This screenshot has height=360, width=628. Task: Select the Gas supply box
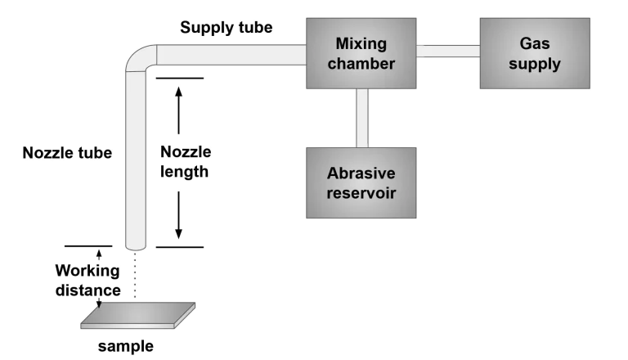tap(535, 52)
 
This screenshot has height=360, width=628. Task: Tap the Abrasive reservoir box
tap(360, 182)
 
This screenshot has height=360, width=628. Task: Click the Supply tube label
tap(227, 28)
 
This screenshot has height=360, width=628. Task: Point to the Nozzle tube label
tap(67, 153)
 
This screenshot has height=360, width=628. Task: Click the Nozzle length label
tap(185, 162)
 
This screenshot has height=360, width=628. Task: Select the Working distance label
tap(87, 280)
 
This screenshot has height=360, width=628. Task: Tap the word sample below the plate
tap(126, 346)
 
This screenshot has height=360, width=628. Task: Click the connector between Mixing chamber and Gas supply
tap(448, 51)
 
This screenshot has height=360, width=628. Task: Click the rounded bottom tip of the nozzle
tap(136, 248)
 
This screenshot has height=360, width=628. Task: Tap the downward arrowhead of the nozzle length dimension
tap(179, 236)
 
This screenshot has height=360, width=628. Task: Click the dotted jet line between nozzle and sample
tap(136, 278)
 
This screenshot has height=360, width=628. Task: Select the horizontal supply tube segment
tap(229, 55)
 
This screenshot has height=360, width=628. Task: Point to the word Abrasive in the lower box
tap(361, 173)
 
